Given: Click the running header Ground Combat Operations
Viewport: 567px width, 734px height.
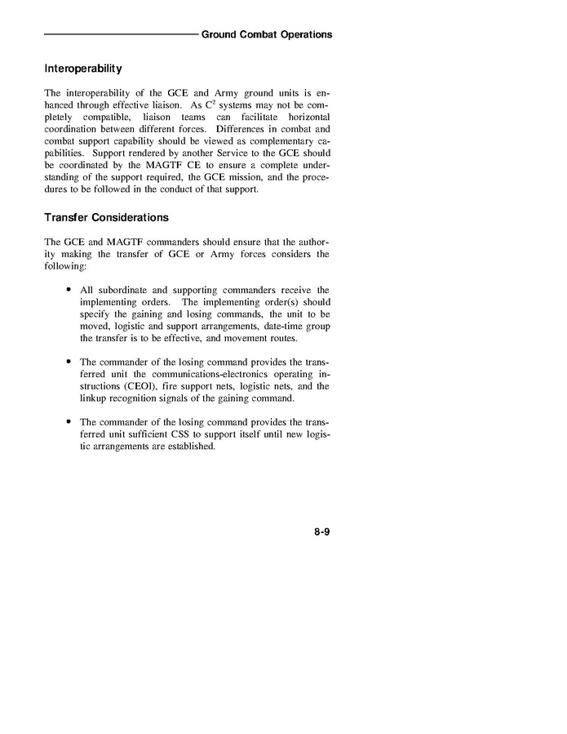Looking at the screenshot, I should (x=267, y=34).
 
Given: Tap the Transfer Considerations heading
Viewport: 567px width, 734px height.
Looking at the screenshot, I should (x=106, y=217).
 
